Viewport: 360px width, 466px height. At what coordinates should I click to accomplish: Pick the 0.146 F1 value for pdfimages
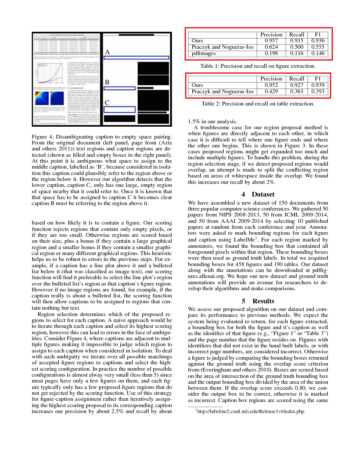pos(318,53)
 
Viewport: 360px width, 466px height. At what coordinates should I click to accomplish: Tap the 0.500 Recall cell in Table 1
pos(296,47)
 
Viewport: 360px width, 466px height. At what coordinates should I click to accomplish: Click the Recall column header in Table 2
pos(296,79)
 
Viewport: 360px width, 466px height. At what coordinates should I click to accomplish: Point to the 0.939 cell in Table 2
pos(318,85)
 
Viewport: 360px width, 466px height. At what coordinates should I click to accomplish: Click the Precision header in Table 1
pos(271,34)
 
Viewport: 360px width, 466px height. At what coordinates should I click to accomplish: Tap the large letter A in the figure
pos(108,52)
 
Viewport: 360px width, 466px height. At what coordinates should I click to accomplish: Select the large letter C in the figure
pos(108,103)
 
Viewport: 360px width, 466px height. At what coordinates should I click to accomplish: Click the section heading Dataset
pos(263,194)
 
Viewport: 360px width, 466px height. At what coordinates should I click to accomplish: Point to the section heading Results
pos(263,301)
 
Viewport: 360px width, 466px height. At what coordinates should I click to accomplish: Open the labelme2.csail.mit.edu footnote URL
pos(250,411)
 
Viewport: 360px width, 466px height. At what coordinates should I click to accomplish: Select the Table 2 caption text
pos(258,104)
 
